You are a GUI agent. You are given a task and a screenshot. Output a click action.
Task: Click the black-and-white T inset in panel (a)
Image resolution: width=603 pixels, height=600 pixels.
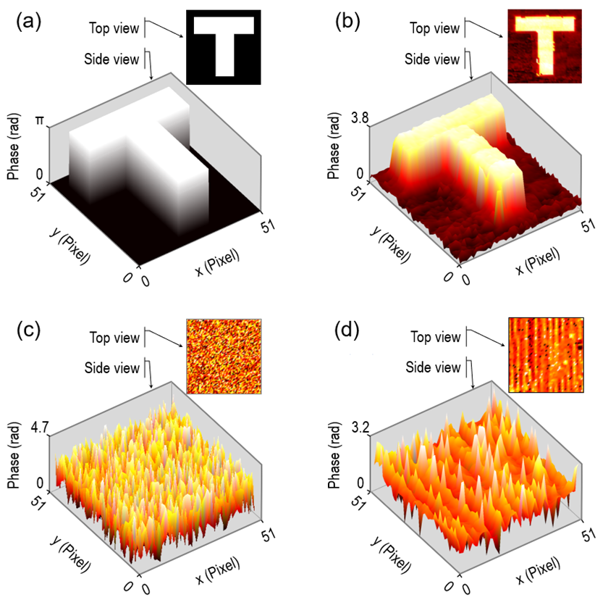point(223,48)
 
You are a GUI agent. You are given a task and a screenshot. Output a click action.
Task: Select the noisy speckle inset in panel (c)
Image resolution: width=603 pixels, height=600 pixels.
point(223,356)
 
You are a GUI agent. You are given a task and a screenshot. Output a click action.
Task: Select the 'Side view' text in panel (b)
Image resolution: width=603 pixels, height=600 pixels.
point(432,59)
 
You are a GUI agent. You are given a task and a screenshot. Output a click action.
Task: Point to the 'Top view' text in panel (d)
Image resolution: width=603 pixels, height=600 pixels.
point(435,337)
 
